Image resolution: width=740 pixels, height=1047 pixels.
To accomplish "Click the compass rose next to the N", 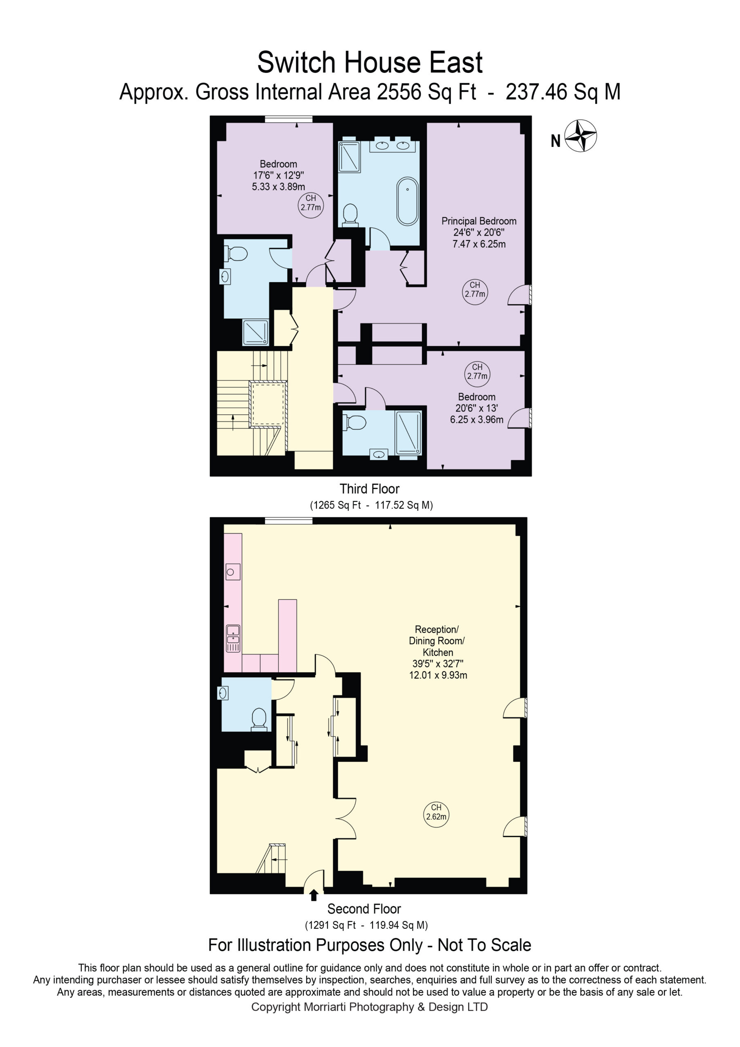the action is coord(581,135).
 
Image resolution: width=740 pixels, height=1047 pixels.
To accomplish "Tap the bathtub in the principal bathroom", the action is coord(408,201).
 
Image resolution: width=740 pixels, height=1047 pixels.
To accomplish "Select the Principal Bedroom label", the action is coord(479,221).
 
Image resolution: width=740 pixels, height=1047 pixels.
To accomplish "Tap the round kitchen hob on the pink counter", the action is coord(233,572).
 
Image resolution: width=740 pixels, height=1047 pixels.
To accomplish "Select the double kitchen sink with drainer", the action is coord(233,639).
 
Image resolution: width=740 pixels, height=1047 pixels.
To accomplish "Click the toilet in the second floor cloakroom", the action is coord(259,719).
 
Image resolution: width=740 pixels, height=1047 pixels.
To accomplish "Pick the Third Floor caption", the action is coord(369,489).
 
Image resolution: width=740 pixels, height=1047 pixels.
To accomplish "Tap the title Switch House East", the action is coord(370,62).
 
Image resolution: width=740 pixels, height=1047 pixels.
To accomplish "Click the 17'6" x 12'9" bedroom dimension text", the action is coord(278,175).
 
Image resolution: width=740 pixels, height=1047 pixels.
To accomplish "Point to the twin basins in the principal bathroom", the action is coord(392,146).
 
